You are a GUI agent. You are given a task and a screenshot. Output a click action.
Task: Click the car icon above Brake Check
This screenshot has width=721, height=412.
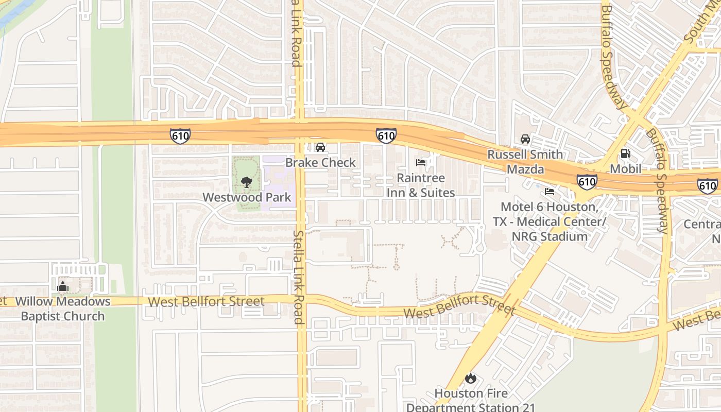(320, 148)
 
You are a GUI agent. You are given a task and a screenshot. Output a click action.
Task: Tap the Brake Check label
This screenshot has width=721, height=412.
(320, 163)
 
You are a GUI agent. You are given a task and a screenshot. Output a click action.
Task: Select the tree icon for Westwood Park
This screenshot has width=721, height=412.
(247, 182)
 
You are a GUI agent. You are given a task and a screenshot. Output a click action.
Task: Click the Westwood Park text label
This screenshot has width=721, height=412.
(247, 197)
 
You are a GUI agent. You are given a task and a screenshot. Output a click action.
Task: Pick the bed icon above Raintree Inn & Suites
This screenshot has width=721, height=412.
(421, 163)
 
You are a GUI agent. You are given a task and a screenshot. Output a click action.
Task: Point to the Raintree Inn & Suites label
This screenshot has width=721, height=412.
(421, 185)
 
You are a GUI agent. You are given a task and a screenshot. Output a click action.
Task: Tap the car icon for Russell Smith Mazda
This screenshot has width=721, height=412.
(525, 139)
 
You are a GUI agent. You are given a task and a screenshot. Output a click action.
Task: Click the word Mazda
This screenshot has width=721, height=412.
(525, 169)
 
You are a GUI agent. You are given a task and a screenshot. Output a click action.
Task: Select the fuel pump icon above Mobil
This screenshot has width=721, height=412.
(625, 153)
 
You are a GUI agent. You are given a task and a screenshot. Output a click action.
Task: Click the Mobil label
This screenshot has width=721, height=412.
(625, 169)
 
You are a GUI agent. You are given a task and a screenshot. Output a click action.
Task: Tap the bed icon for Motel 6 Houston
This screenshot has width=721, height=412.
(550, 192)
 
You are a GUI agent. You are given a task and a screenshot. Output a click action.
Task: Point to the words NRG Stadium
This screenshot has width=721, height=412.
(550, 237)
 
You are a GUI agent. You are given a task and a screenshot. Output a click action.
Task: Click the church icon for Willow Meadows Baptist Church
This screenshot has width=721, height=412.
(63, 286)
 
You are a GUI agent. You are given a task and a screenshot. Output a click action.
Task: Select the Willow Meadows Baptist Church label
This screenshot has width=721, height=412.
(63, 309)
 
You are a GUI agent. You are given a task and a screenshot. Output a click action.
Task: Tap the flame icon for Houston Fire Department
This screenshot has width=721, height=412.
(470, 379)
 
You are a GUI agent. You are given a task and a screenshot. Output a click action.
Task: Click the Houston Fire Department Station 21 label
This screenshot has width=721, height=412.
(470, 400)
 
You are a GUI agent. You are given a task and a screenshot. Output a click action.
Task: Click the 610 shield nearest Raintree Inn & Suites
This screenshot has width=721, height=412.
(386, 136)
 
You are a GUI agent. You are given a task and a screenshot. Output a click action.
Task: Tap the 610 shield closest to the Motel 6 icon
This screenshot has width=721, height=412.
(587, 181)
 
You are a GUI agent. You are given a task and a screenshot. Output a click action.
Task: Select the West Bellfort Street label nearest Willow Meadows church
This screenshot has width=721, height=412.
(206, 301)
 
